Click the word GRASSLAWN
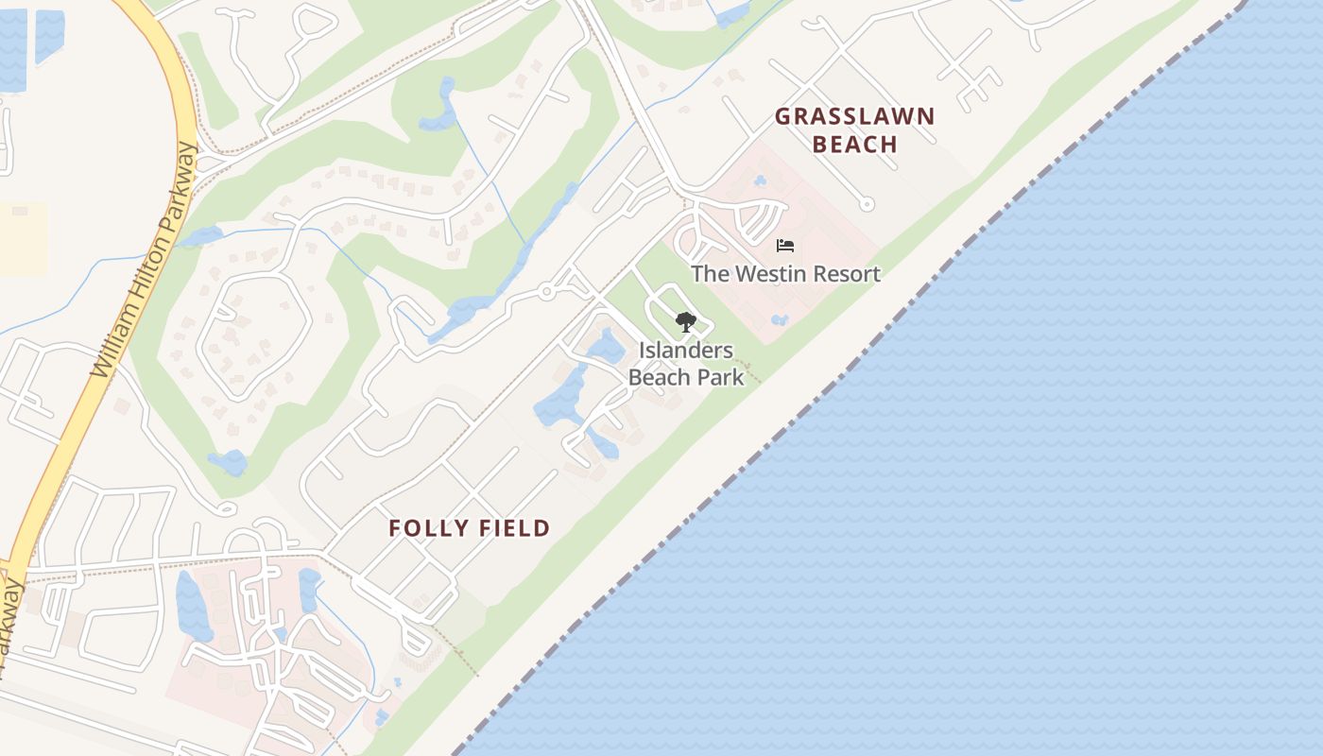[855, 117]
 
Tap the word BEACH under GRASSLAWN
[855, 145]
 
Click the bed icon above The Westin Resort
[784, 247]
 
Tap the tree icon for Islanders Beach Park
[685, 322]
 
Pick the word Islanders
[686, 351]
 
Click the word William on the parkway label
[113, 338]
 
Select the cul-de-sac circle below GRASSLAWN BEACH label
[867, 203]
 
